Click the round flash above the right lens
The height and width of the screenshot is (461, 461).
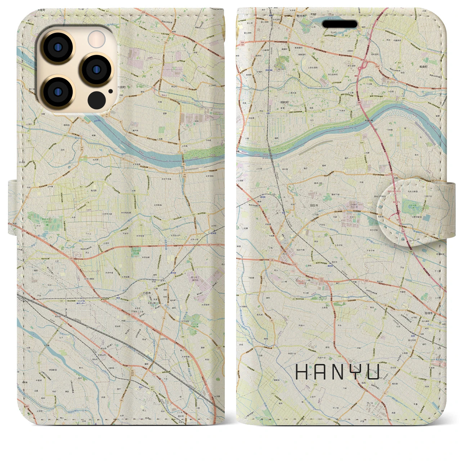click(97, 39)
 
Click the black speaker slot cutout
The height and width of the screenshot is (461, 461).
click(340, 24)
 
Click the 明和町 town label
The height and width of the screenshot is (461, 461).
click(285, 102)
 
